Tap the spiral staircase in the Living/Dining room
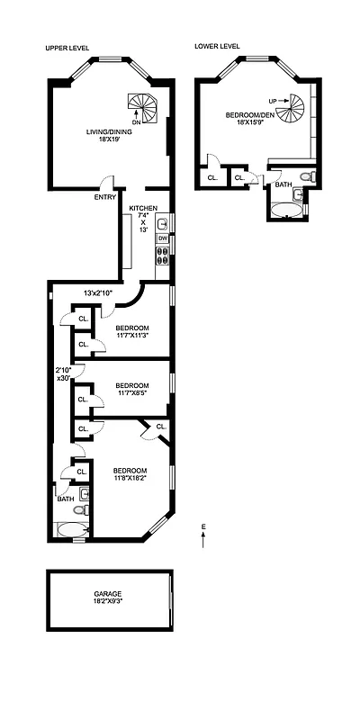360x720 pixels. [141, 107]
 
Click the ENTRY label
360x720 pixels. [104, 198]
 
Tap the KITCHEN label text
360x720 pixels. [143, 208]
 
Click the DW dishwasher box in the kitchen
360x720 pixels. [163, 238]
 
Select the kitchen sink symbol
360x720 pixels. [163, 222]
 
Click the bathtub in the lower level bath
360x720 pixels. [286, 210]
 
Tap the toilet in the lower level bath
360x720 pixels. [306, 176]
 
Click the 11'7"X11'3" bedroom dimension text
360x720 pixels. [131, 337]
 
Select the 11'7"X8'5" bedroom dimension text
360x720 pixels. [131, 394]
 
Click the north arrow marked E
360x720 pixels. [203, 538]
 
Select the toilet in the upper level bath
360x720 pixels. [79, 509]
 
